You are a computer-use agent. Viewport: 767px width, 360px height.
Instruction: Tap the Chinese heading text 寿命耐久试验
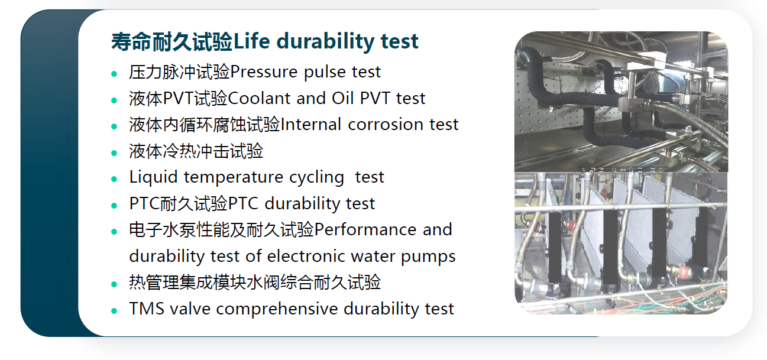click(x=172, y=42)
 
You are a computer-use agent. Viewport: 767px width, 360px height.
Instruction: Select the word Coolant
click(x=258, y=98)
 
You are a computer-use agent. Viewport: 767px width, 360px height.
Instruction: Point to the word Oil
click(x=342, y=98)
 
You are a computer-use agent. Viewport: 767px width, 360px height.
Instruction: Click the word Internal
click(x=310, y=124)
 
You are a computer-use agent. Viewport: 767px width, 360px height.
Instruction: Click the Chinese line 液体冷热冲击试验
click(x=196, y=151)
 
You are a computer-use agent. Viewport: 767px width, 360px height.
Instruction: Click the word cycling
click(x=316, y=178)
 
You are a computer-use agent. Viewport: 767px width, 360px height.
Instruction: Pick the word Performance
click(x=365, y=229)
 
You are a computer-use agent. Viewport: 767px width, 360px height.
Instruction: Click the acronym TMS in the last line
click(x=147, y=309)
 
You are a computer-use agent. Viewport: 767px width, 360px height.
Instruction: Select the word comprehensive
click(x=277, y=309)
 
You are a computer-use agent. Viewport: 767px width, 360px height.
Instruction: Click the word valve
click(x=190, y=309)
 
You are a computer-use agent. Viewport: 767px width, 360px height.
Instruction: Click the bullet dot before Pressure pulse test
click(x=114, y=73)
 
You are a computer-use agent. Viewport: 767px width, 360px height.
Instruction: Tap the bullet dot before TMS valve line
click(x=114, y=311)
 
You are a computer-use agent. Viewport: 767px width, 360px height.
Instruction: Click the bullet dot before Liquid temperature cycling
click(x=114, y=179)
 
